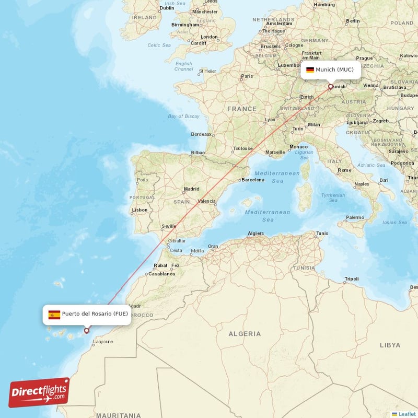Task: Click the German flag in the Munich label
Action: [x=310, y=69]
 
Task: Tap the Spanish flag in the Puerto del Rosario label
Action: [x=54, y=314]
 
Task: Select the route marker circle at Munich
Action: [x=330, y=87]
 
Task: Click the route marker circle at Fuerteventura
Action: [x=87, y=330]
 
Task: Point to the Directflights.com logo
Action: [x=39, y=392]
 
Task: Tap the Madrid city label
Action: [x=191, y=189]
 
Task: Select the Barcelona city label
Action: [x=253, y=180]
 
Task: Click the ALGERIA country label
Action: [x=244, y=333]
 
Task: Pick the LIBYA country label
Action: [x=390, y=345]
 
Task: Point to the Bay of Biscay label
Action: [x=183, y=116]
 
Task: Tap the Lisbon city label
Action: [x=140, y=210]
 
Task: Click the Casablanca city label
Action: [x=162, y=273]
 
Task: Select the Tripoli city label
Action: [x=351, y=278]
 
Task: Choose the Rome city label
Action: [x=344, y=170]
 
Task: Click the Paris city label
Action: [x=247, y=76]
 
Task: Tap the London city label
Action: [x=209, y=37]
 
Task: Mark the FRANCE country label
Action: [x=241, y=109]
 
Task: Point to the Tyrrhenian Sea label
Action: [x=333, y=197]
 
